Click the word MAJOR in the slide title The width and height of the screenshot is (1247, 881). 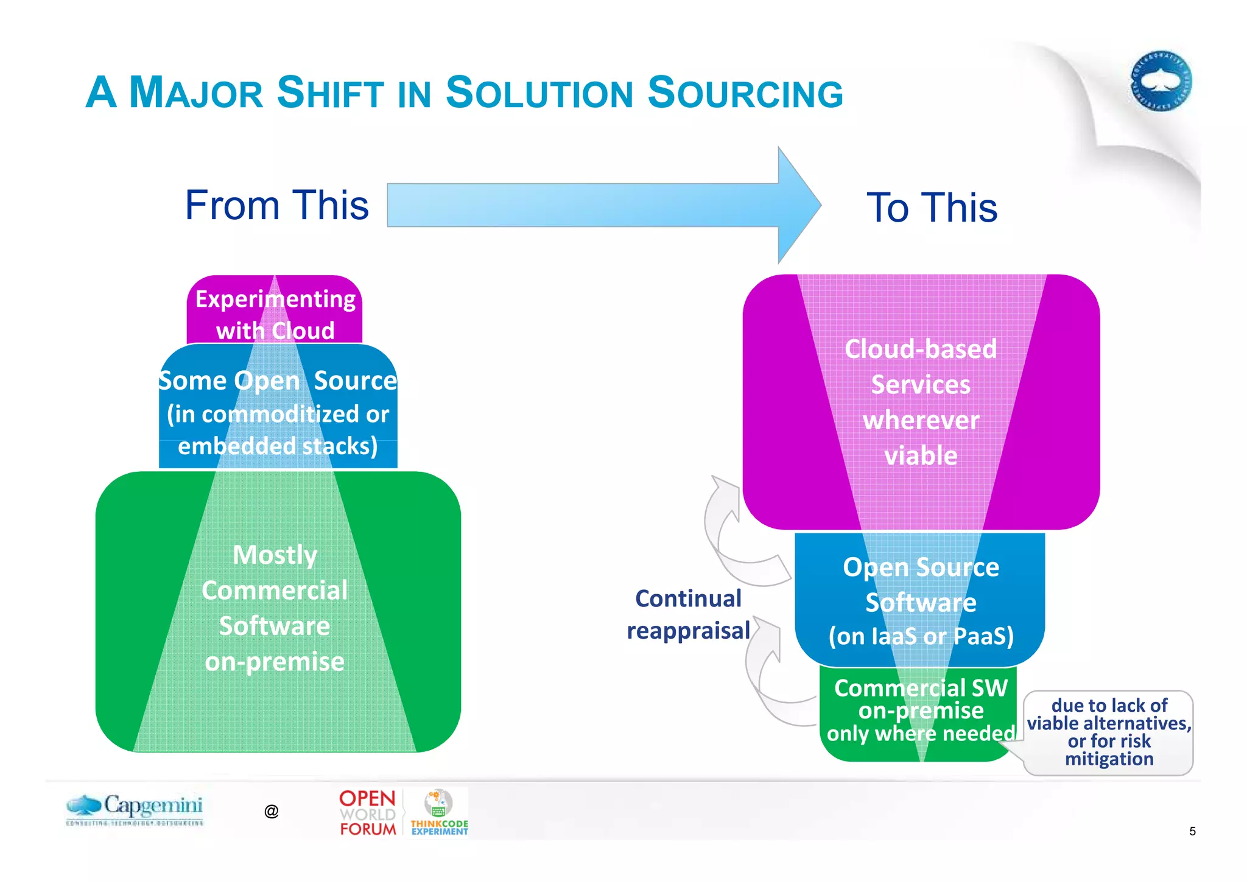point(196,93)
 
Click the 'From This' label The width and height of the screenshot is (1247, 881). point(277,205)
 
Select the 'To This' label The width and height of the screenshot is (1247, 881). point(932,208)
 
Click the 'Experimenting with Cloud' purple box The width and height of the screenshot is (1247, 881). point(275,314)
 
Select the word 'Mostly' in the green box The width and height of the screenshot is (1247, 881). point(275,555)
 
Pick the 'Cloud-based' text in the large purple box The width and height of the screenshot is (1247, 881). point(920,349)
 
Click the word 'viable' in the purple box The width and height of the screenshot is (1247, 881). point(920,456)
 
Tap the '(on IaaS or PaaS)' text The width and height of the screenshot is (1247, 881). point(920,636)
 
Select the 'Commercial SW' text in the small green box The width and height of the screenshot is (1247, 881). point(920,688)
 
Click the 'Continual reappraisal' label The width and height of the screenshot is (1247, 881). point(688,614)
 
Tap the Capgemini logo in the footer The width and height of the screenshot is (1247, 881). point(135,809)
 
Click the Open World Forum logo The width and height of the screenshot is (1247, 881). point(368,813)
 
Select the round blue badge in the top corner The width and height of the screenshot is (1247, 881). point(1161,80)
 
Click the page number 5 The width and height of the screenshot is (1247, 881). point(1192,831)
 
